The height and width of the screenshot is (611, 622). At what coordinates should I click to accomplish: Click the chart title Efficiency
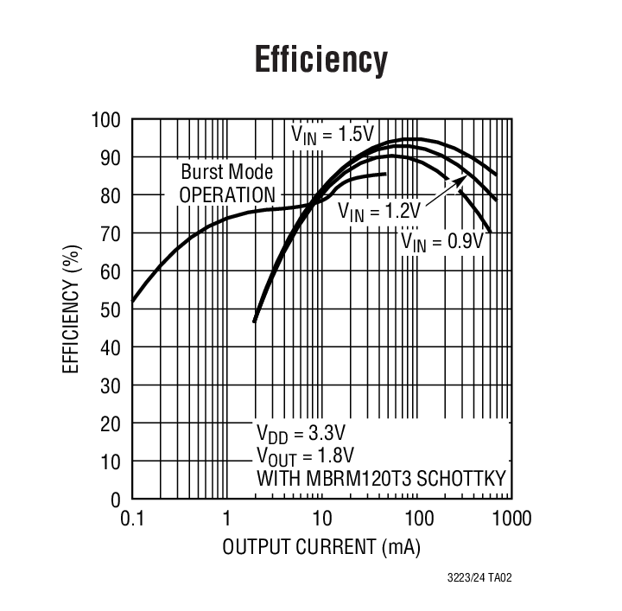click(x=321, y=60)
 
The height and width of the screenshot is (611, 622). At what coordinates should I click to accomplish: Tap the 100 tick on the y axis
click(x=108, y=119)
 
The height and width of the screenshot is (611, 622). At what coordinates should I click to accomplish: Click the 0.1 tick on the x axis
click(x=130, y=519)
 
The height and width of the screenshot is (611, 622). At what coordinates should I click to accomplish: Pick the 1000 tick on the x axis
click(x=511, y=519)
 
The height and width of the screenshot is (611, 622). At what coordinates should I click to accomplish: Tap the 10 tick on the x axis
click(x=321, y=519)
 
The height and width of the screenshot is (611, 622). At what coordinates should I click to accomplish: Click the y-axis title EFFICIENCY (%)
click(x=73, y=309)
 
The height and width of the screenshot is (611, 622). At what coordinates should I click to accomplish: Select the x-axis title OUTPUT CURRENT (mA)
click(x=321, y=547)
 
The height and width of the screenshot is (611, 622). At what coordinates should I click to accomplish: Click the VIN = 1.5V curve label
click(x=332, y=134)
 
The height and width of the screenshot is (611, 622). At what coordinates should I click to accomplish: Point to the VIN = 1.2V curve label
click(x=378, y=210)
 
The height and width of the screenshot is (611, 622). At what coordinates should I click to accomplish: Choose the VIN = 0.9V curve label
click(x=441, y=241)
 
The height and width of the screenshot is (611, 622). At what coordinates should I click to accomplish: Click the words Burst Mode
click(x=227, y=172)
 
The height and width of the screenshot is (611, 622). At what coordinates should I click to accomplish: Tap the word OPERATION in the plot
click(x=227, y=194)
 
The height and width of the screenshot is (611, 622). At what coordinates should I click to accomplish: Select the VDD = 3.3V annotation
click(x=306, y=433)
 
